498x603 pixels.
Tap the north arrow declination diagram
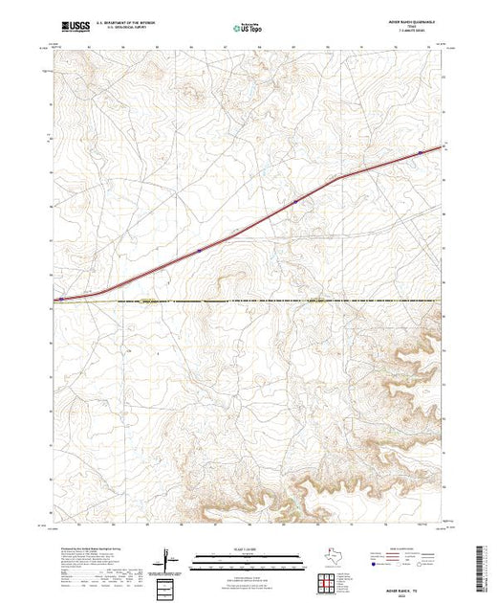(x=169, y=557)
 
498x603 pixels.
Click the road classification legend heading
(x=414, y=548)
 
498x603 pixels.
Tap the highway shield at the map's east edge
(x=420, y=152)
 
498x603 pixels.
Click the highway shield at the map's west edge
(x=61, y=299)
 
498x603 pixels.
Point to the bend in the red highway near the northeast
(x=337, y=178)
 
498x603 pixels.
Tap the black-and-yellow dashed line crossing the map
(x=249, y=301)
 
